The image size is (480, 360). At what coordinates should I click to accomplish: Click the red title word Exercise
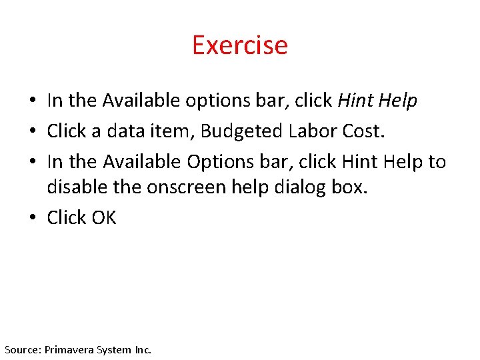[x=239, y=45]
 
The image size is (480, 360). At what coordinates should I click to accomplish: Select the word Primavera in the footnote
[x=69, y=349]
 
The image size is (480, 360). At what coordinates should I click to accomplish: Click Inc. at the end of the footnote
[x=143, y=349]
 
